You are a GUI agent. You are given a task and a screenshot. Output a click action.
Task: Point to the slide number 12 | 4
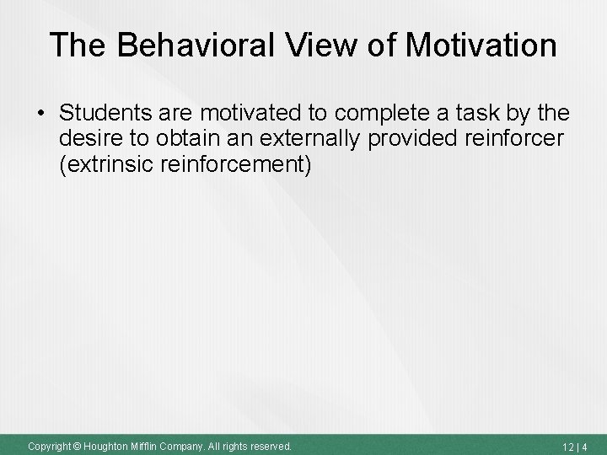pos(578,445)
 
